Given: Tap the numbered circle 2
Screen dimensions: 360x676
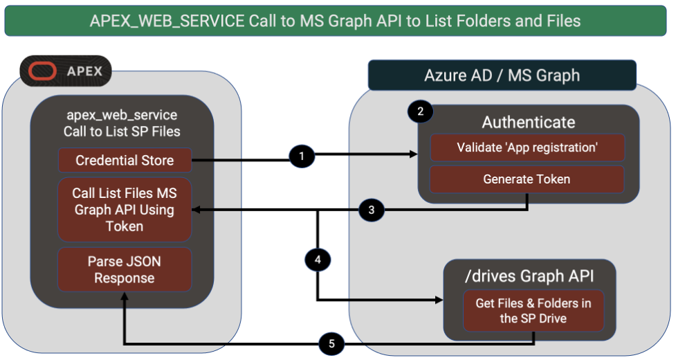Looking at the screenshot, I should (x=420, y=111).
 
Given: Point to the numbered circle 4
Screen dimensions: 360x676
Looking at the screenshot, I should (x=318, y=260).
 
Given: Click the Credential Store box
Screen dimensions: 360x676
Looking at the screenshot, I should (x=125, y=161).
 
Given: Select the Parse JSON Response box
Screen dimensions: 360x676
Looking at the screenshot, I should (x=125, y=270).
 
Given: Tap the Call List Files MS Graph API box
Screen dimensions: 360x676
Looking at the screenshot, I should (x=125, y=210).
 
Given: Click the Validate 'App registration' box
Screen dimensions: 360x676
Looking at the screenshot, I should (x=527, y=147).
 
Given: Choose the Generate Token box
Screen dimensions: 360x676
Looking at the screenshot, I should (x=527, y=179).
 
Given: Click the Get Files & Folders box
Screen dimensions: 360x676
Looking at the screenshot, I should (x=533, y=310).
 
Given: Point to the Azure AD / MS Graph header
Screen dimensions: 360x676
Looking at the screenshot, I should (x=502, y=75).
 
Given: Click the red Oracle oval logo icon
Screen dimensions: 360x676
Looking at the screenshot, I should (x=44, y=71).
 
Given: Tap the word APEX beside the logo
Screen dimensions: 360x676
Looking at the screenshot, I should (x=84, y=71).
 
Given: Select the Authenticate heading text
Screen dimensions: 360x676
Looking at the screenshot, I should (x=528, y=123).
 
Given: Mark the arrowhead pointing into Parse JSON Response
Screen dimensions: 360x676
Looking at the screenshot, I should (x=125, y=296).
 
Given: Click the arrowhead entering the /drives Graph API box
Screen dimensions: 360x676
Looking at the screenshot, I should (x=439, y=300).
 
